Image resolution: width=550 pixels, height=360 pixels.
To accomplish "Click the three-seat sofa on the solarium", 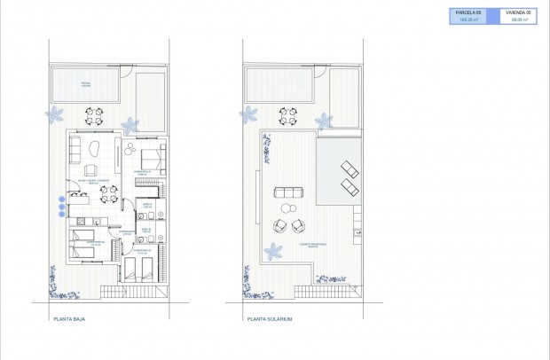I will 288,192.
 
